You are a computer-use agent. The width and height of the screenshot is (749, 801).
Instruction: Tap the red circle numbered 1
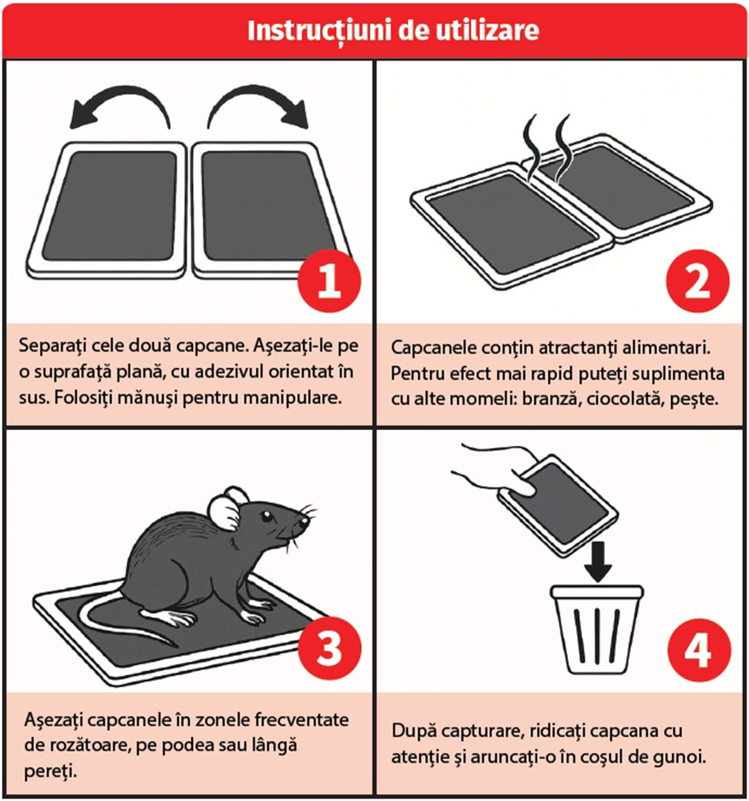coord(329,281)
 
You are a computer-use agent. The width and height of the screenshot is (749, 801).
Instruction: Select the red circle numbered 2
coord(698,281)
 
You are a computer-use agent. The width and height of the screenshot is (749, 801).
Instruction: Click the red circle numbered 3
coord(329,649)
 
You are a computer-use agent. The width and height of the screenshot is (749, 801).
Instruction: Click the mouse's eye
coord(265,516)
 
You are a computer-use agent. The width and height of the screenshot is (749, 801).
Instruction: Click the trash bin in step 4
coord(597,629)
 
